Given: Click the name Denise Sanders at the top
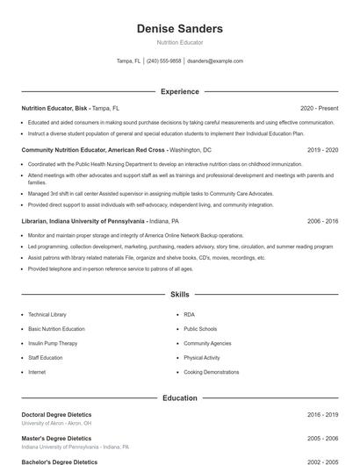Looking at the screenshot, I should coord(179,29).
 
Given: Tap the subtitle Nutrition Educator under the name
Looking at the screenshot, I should coord(179,42).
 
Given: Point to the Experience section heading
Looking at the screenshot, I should coord(179,91).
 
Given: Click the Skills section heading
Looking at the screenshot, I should coord(179,295).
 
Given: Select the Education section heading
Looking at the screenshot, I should coord(179,397).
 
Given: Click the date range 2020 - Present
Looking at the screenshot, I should coord(319,108).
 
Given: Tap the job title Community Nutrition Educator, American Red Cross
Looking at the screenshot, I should coord(105,150).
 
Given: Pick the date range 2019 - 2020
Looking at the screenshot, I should coord(322,150).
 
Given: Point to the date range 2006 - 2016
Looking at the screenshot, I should coord(322,221).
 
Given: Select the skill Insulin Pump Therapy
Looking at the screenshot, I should coord(53,343).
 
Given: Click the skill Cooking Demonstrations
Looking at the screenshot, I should coord(211,372).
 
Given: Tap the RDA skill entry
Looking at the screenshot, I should coord(190,314).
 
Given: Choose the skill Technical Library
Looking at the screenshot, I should coord(47,314).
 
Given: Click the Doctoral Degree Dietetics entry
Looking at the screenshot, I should coord(56,414).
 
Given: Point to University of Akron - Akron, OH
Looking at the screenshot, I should coord(56,423).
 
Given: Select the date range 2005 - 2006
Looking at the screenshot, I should coord(322,438).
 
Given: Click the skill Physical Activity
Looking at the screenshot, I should coord(202,358).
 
